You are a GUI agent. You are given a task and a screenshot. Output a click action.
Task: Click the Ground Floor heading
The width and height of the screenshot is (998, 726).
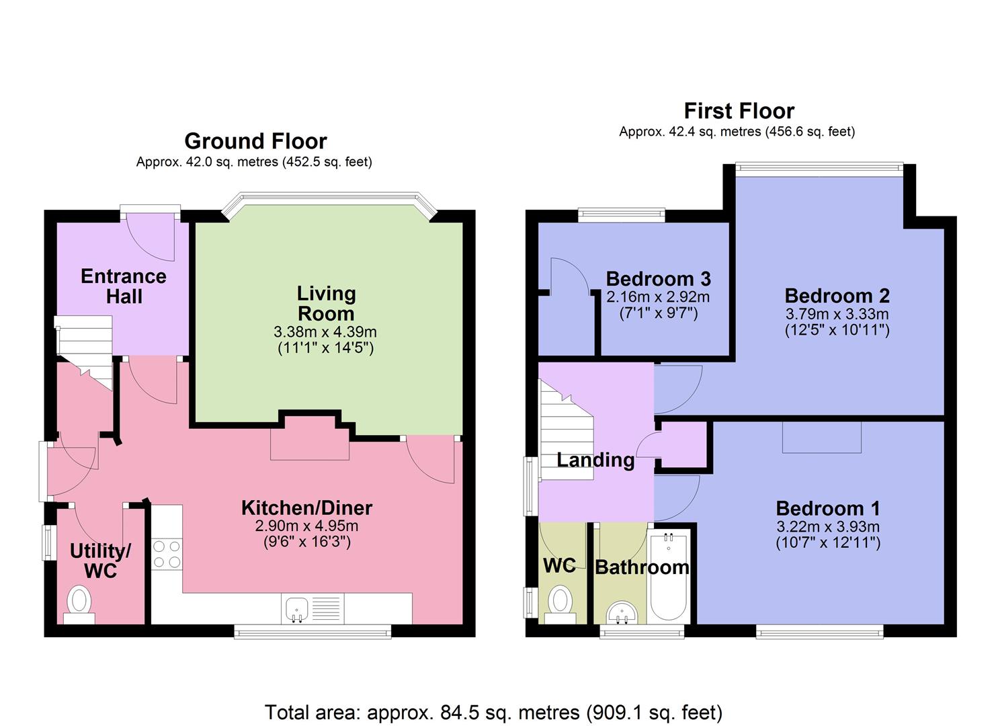[x=255, y=141]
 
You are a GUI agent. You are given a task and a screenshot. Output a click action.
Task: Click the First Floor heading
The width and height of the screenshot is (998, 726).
[x=739, y=111]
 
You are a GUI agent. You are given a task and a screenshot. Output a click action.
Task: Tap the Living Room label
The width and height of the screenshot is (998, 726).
[x=326, y=303]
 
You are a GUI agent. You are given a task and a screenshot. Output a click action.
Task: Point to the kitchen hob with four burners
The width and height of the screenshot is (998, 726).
[x=167, y=554]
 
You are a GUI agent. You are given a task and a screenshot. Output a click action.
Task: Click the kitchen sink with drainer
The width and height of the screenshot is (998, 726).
[x=296, y=608]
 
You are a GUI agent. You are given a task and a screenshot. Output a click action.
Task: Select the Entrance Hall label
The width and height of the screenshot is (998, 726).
[x=124, y=286]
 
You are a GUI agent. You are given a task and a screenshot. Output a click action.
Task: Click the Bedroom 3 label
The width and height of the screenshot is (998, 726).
[x=658, y=279]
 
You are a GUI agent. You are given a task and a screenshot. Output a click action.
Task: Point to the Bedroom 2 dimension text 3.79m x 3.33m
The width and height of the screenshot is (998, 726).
[x=837, y=314]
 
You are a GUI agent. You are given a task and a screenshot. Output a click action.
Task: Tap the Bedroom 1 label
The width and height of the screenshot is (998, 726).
[x=827, y=508]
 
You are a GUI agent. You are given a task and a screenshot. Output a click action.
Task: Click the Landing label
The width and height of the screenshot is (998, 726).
[x=595, y=460]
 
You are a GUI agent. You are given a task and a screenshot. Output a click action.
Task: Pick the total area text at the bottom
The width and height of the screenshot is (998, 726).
[x=494, y=712]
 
